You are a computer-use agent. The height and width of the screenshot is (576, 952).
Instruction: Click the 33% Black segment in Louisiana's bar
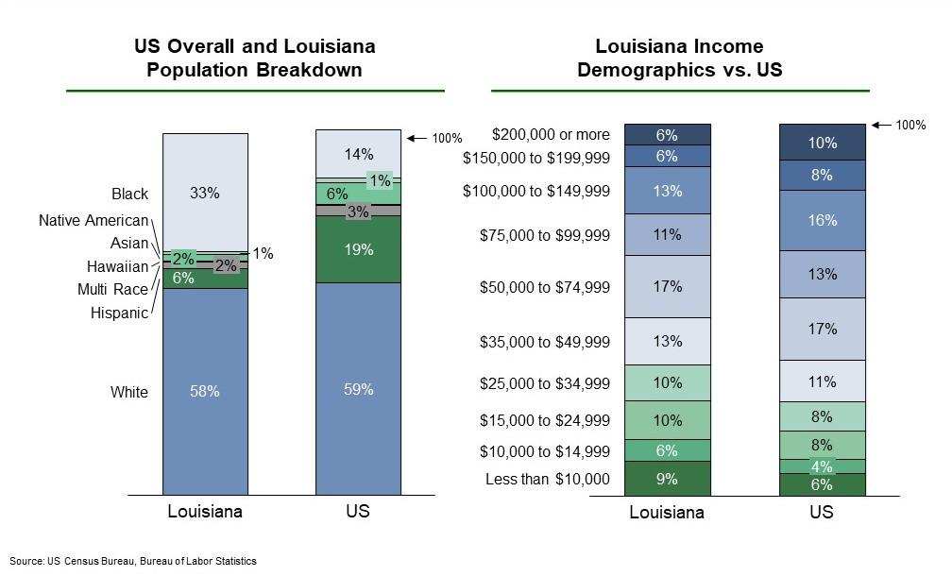pos(205,193)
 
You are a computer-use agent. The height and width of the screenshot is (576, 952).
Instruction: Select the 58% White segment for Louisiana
pos(205,391)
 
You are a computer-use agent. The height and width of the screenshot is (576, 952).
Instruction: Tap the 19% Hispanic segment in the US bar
pos(358,250)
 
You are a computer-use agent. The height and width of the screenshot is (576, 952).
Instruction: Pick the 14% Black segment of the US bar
pos(358,154)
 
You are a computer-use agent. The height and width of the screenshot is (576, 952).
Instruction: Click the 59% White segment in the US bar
pos(358,389)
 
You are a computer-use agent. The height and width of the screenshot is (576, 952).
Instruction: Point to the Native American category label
pos(93,220)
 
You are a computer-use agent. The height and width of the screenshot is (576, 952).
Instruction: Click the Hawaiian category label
pos(117,266)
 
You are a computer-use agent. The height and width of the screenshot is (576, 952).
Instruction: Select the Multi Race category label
pos(112,289)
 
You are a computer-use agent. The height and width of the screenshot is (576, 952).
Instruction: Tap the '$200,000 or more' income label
pos(551,135)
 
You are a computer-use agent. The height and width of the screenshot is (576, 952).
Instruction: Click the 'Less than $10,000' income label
pos(548,479)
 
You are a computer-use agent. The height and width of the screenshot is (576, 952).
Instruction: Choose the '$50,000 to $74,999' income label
pos(545,286)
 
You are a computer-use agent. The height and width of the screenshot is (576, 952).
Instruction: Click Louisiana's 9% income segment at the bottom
pos(667,479)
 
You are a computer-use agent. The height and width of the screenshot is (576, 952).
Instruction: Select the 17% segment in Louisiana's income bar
pos(667,286)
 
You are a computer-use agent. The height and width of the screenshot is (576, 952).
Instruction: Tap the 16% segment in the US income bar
pos(822,220)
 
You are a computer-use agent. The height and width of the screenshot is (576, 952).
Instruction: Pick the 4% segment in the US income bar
pos(822,466)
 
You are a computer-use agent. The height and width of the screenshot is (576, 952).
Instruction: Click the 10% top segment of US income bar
pos(822,143)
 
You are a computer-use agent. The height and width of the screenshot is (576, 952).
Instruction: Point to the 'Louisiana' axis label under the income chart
pos(667,513)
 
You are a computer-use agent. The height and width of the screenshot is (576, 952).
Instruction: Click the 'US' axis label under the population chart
pos(358,512)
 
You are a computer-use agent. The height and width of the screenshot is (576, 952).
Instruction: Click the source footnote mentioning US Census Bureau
pos(133,561)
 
